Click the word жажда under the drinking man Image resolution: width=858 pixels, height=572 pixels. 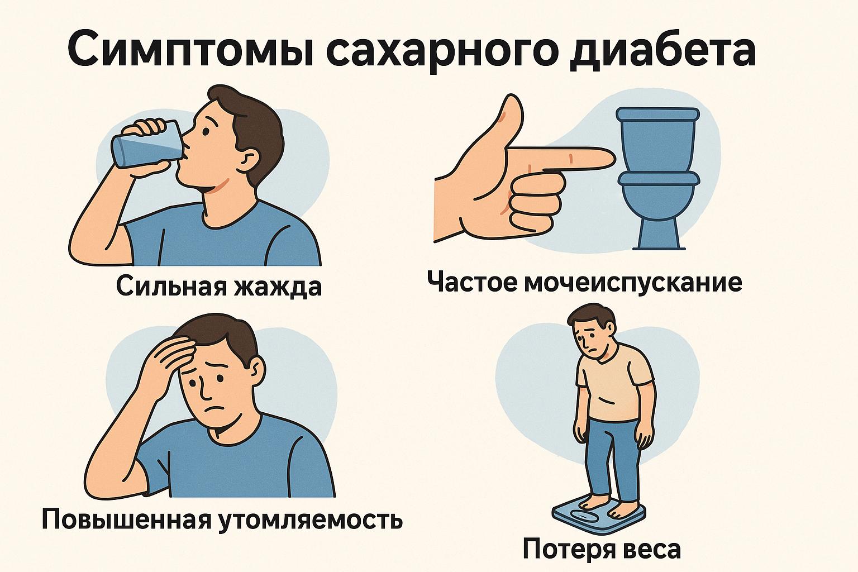point(276,287)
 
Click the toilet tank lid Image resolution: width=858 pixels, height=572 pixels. point(657,115)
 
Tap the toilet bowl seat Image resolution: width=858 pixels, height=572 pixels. point(659,179)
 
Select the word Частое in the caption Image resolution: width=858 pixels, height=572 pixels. point(472,282)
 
